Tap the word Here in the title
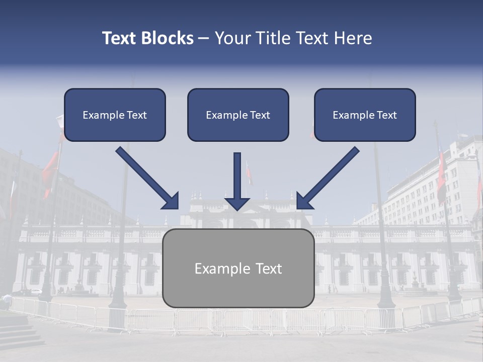[x=353, y=38]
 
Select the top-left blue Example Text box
[x=115, y=115]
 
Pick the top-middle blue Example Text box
[x=238, y=115]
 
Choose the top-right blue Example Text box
[x=365, y=115]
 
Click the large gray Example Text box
[x=238, y=268]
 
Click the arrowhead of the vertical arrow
[x=237, y=202]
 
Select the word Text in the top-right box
[x=386, y=115]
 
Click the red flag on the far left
[x=50, y=171]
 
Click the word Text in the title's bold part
[x=120, y=38]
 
